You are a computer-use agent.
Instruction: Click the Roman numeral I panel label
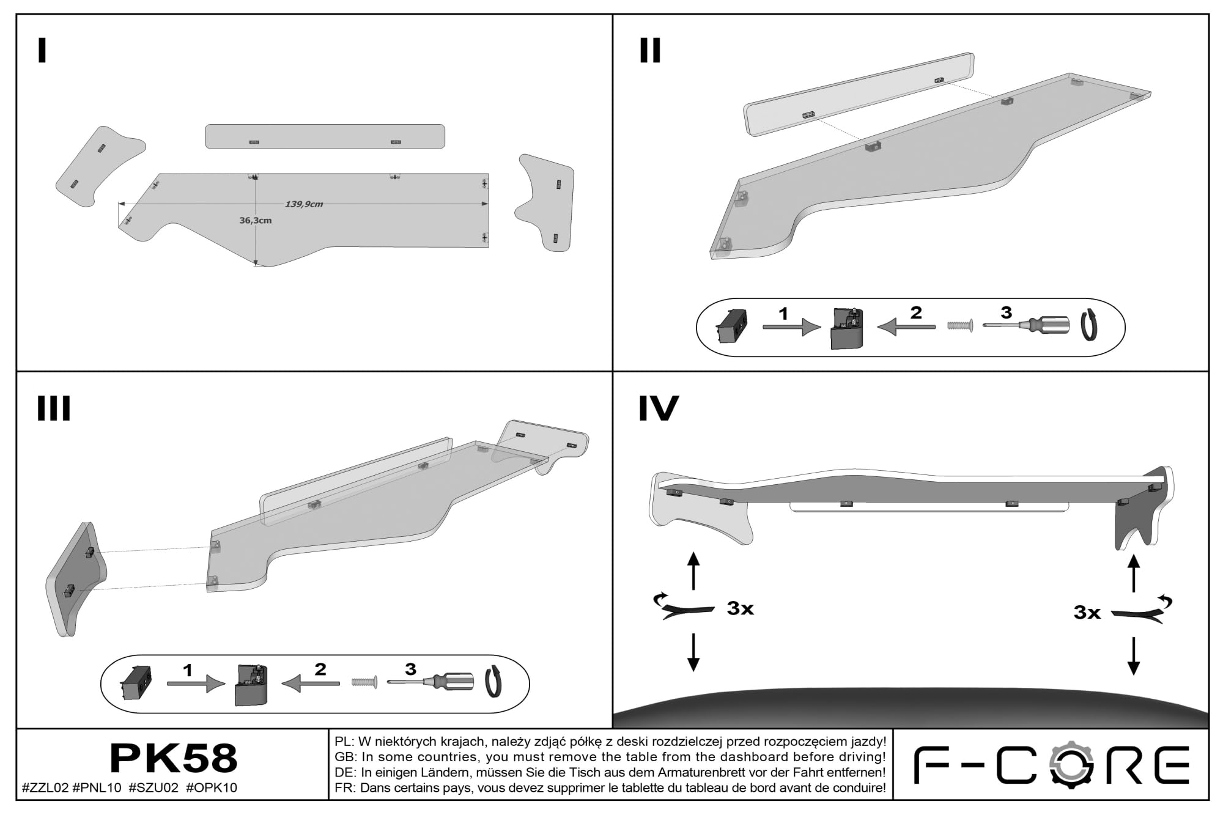click(42, 51)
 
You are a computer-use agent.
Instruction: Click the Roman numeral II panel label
click(650, 51)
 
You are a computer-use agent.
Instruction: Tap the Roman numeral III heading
click(54, 408)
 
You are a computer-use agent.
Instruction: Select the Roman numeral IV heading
click(659, 408)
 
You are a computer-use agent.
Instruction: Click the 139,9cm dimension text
click(304, 204)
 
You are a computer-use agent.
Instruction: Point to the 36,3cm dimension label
click(255, 220)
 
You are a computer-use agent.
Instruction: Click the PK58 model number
click(173, 758)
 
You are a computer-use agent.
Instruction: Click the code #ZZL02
click(45, 787)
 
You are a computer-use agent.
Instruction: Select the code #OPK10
click(212, 787)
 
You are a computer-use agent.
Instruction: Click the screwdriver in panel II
click(1027, 325)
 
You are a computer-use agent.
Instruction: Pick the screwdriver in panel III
click(430, 680)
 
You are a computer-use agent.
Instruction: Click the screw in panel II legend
click(960, 326)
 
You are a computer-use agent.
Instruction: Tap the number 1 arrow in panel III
click(196, 684)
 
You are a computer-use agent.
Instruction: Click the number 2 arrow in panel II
click(906, 326)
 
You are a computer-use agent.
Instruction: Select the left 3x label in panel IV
click(741, 608)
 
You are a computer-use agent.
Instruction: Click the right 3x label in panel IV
click(1087, 612)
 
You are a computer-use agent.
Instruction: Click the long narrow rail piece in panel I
click(325, 136)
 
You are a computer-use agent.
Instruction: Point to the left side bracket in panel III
click(76, 578)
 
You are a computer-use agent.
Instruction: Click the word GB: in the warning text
click(345, 757)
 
